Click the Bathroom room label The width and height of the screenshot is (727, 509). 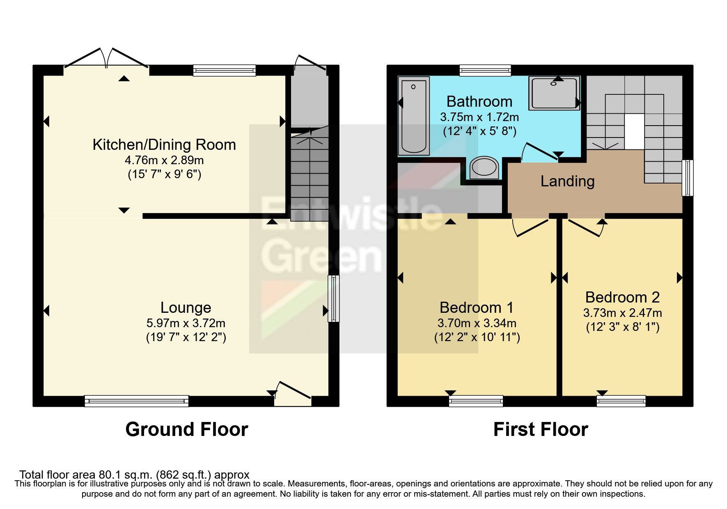tap(479, 101)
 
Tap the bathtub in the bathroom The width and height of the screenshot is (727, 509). tap(413, 116)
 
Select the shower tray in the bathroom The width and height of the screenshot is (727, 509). tap(554, 93)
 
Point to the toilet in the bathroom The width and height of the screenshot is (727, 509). tap(484, 167)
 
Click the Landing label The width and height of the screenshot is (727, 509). tap(567, 181)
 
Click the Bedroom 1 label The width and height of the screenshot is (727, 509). tap(476, 307)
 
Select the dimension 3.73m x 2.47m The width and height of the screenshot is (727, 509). tap(622, 313)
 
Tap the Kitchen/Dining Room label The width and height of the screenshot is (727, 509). tap(164, 144)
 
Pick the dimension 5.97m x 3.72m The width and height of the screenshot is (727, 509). tap(186, 323)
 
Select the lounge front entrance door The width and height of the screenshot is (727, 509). tap(292, 393)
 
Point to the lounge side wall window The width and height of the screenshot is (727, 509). tap(334, 298)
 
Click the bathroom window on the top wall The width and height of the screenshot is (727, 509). tap(485, 70)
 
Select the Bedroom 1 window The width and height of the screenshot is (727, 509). tap(476, 401)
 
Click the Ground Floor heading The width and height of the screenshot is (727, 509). tap(186, 429)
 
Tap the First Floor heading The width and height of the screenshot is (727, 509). tap(540, 429)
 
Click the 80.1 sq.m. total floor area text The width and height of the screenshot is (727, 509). tap(134, 475)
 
